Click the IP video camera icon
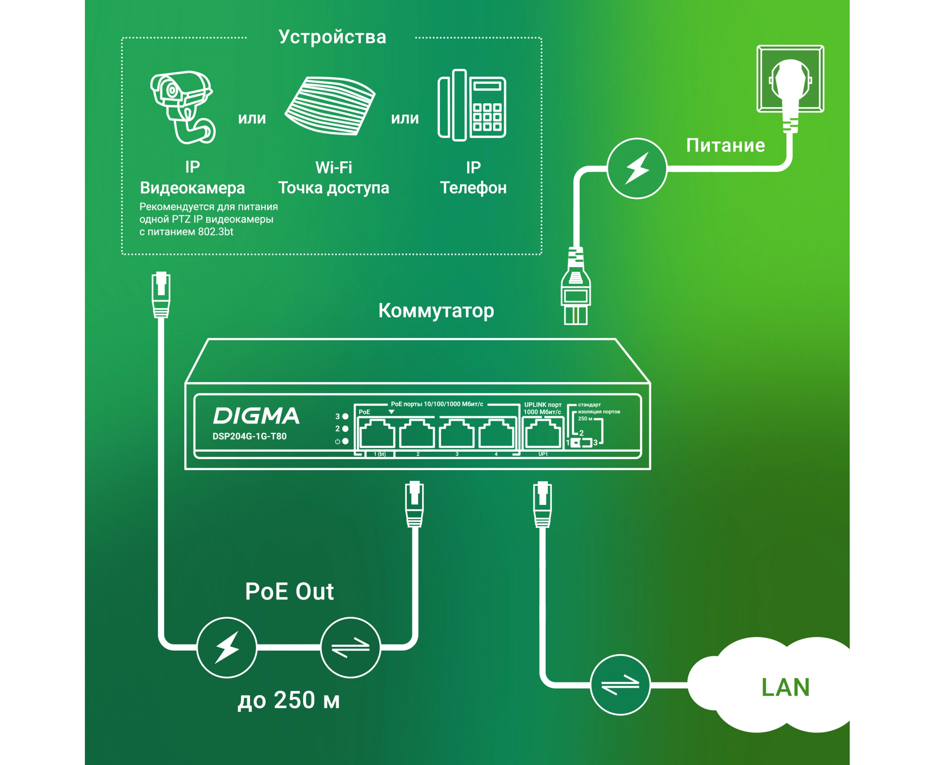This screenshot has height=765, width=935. tap(183, 107)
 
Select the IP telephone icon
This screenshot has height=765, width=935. tap(472, 105)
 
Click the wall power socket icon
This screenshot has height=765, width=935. tap(790, 79)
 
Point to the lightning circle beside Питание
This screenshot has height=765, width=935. tap(637, 169)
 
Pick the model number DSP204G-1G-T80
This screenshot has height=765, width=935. tap(249, 436)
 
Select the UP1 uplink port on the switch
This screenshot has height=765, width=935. tap(543, 434)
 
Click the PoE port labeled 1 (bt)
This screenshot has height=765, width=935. tap(377, 434)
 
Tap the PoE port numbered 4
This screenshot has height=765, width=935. tap(496, 434)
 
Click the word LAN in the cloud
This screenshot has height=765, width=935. tap(785, 687)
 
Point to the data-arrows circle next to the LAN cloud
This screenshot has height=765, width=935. tap(620, 685)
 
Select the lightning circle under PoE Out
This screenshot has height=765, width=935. tap(227, 647)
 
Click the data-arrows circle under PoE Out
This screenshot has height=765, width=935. tap(350, 647)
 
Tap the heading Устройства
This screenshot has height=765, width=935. tap(332, 37)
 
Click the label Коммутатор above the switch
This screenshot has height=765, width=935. tap(436, 311)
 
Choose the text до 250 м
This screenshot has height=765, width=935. tap(289, 700)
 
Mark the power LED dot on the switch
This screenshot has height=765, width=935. tap(345, 441)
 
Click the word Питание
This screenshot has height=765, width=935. tap(725, 145)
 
